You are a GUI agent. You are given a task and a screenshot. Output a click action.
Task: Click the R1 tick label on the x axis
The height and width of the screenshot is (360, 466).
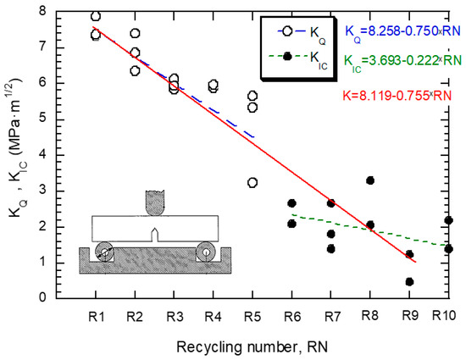click(96, 317)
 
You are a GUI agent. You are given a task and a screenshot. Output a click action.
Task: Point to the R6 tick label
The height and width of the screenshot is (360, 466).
click(291, 317)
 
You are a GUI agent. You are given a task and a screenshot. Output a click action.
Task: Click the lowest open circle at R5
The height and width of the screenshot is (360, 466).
click(252, 183)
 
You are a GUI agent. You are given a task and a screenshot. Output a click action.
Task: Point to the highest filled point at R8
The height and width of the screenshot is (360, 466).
click(370, 180)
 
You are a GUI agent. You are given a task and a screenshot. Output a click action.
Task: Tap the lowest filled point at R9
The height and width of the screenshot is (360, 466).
click(409, 282)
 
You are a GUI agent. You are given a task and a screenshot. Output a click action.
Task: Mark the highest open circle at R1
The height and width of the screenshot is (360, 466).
click(96, 16)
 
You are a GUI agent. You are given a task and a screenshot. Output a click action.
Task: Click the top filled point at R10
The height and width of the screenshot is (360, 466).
click(448, 220)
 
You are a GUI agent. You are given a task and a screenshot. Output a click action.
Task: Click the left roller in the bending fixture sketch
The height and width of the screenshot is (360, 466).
click(105, 252)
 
